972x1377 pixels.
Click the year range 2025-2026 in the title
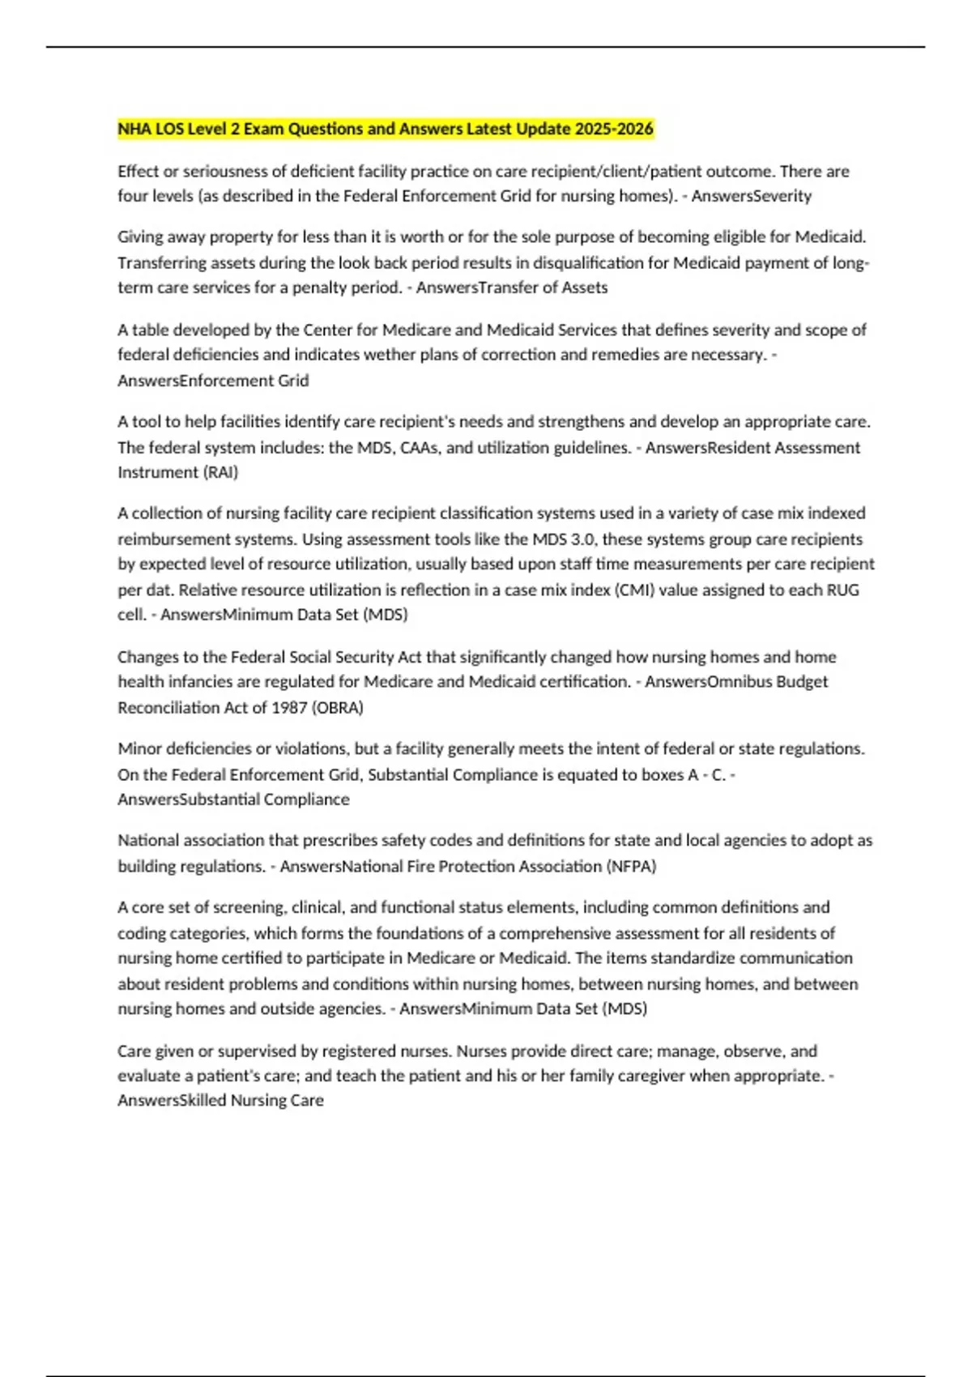click(x=614, y=129)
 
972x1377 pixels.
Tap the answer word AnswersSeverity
click(x=751, y=196)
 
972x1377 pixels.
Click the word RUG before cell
click(x=842, y=590)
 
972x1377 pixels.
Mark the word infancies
click(x=186, y=681)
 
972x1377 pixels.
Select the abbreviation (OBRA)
click(x=339, y=707)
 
